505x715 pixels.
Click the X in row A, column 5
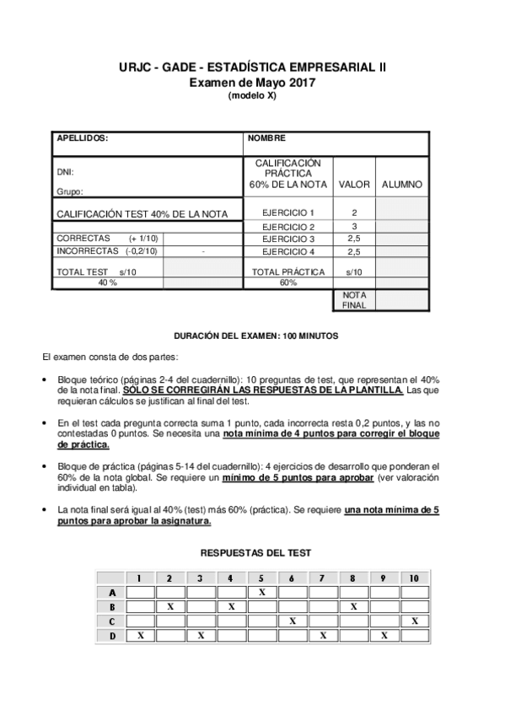click(262, 592)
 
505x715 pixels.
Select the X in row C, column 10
click(415, 621)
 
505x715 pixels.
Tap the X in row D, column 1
click(141, 635)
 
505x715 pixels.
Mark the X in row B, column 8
click(354, 606)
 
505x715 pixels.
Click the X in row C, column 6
click(292, 621)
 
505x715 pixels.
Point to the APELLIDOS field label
click(82, 138)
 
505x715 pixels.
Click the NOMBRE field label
click(267, 138)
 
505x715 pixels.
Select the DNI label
click(64, 171)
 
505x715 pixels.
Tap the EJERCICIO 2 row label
click(288, 227)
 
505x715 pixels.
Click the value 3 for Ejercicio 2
click(354, 227)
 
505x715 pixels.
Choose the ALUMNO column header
click(402, 184)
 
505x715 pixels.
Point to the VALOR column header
click(354, 184)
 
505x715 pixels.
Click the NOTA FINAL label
click(354, 299)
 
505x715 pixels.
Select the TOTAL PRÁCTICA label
click(288, 272)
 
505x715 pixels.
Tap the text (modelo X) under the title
click(252, 95)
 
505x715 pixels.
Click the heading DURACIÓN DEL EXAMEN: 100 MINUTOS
click(255, 336)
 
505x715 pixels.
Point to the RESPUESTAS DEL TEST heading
click(255, 553)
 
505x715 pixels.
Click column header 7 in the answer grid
click(323, 578)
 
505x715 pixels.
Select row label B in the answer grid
click(112, 606)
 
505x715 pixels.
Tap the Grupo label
click(70, 192)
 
